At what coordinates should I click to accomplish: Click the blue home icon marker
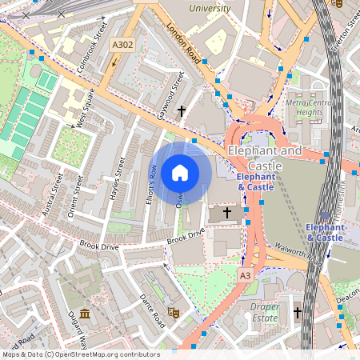pyautogui.click(x=180, y=172)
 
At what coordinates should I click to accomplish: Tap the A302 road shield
pyautogui.click(x=122, y=46)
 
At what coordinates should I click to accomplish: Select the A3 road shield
pyautogui.click(x=245, y=274)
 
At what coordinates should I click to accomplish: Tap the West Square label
pyautogui.click(x=85, y=109)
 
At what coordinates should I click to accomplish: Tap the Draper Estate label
pyautogui.click(x=263, y=312)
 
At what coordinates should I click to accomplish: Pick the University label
pyautogui.click(x=209, y=8)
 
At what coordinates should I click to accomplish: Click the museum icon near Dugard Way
pyautogui.click(x=85, y=309)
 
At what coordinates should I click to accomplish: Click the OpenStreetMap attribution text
pyautogui.click(x=80, y=354)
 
